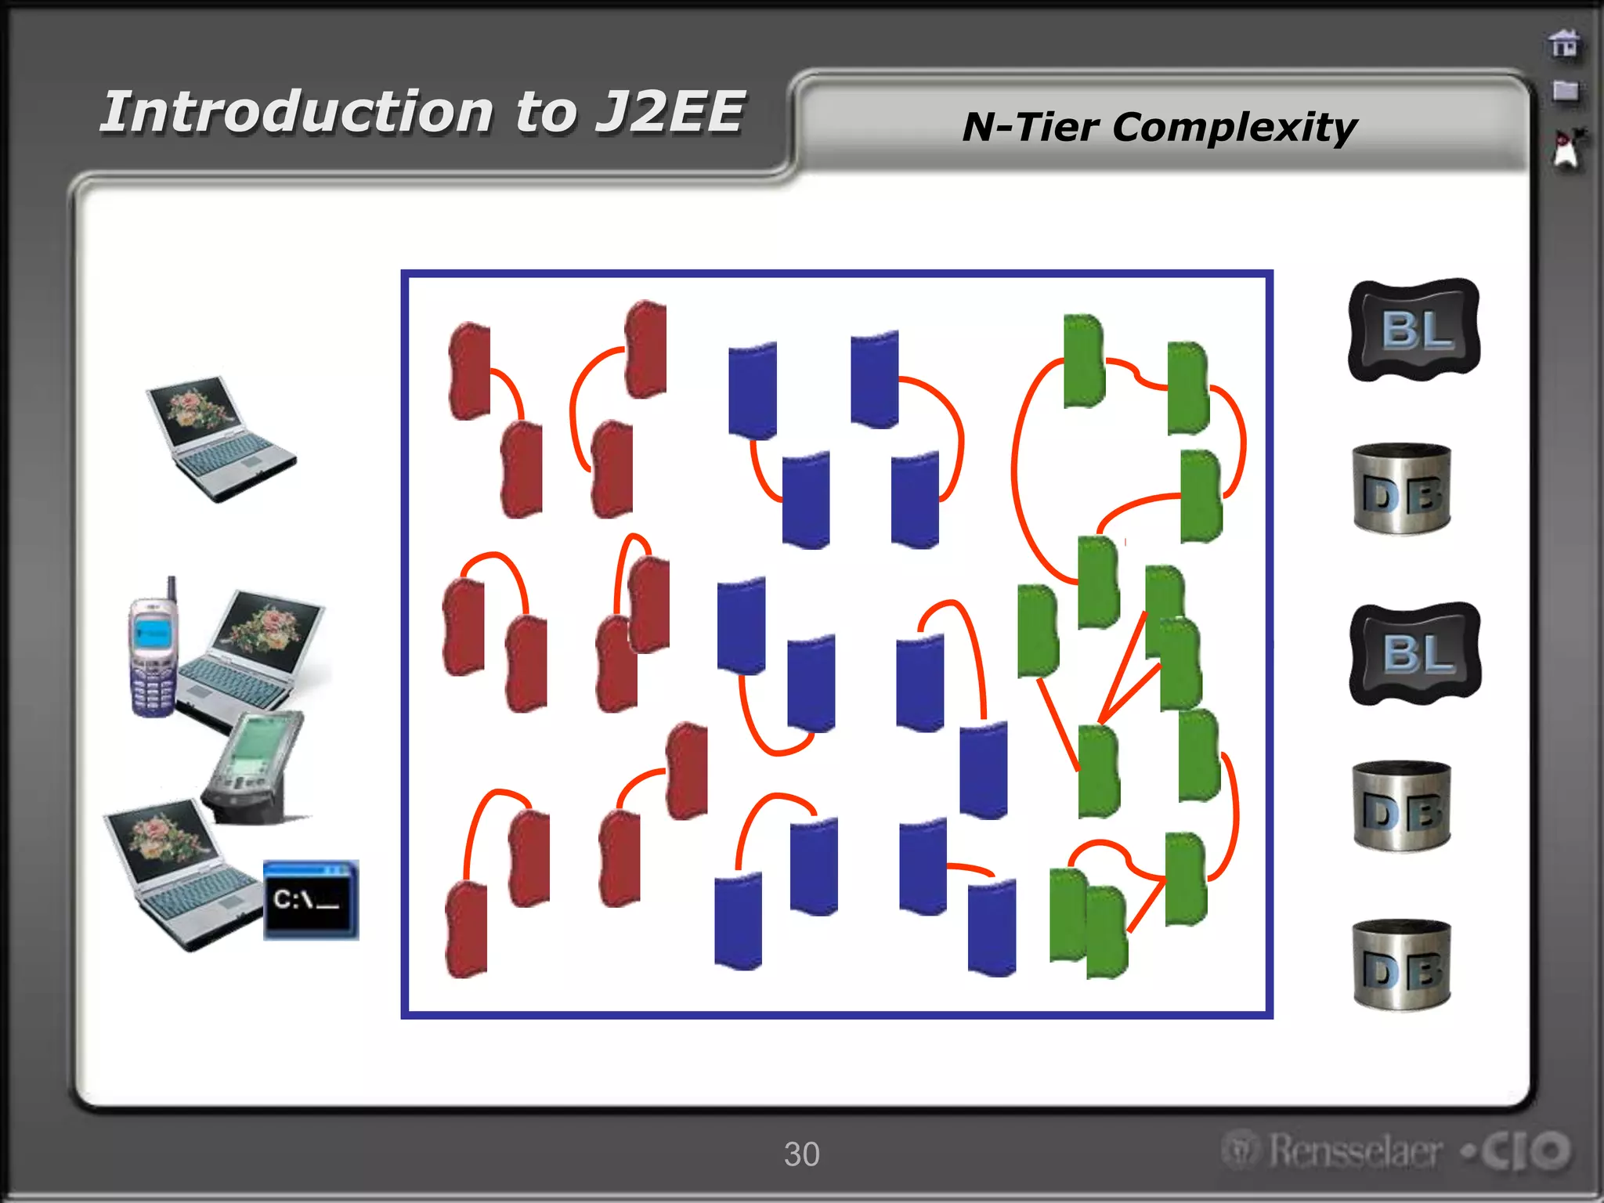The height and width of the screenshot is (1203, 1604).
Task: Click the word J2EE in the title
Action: coord(670,112)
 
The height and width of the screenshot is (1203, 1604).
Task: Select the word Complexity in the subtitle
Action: coord(1234,127)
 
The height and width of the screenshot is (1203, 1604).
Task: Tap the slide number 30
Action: coord(801,1154)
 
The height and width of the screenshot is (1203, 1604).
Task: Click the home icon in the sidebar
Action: coord(1564,44)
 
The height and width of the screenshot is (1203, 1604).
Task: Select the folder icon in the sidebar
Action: coord(1565,91)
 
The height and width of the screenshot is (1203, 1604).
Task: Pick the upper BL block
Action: coord(1414,330)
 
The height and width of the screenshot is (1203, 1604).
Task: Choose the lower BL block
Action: coord(1415,653)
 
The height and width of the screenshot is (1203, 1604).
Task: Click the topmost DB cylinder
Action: coord(1402,490)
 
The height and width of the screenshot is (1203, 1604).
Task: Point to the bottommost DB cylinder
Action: coord(1402,964)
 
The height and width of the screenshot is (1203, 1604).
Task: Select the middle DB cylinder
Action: coord(1402,806)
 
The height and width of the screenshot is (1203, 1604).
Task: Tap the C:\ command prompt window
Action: coord(311,899)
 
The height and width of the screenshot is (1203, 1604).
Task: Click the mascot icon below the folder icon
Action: coord(1566,149)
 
